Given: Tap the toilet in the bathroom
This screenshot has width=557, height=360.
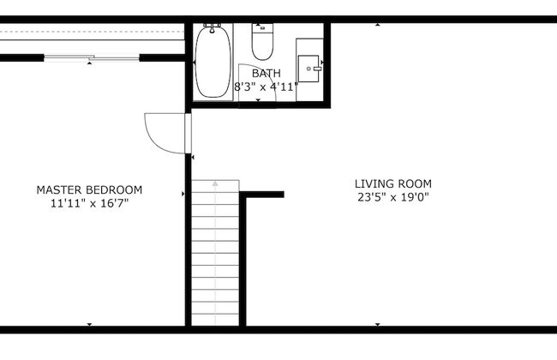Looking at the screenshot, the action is pyautogui.click(x=262, y=42).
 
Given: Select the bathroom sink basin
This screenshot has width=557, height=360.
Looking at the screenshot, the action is pyautogui.click(x=308, y=69).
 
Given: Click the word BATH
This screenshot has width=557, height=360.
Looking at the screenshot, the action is pyautogui.click(x=266, y=73).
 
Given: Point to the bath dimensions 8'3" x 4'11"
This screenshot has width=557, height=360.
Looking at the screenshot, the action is pyautogui.click(x=266, y=87).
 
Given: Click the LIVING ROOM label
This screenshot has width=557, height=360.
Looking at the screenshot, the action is pyautogui.click(x=393, y=183).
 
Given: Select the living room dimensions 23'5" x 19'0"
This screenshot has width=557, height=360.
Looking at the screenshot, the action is pyautogui.click(x=393, y=197).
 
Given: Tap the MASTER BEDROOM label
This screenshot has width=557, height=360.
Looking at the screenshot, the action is pyautogui.click(x=89, y=189).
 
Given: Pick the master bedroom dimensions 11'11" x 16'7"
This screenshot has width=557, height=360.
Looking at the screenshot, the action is pyautogui.click(x=89, y=204).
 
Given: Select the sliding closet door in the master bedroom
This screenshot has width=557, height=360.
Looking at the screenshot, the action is pyautogui.click(x=92, y=57).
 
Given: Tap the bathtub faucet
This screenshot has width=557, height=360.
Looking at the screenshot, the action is pyautogui.click(x=212, y=27).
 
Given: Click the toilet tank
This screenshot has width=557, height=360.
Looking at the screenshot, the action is pyautogui.click(x=262, y=28).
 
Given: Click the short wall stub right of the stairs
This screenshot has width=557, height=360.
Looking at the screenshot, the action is pyautogui.click(x=262, y=195).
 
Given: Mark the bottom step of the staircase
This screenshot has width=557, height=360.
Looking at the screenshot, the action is pyautogui.click(x=215, y=320).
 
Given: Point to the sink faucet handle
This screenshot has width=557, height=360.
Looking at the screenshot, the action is pyautogui.click(x=318, y=69).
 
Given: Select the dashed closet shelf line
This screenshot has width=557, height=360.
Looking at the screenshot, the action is pyautogui.click(x=92, y=32).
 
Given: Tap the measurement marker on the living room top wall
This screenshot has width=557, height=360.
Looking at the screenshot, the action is pyautogui.click(x=378, y=25).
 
